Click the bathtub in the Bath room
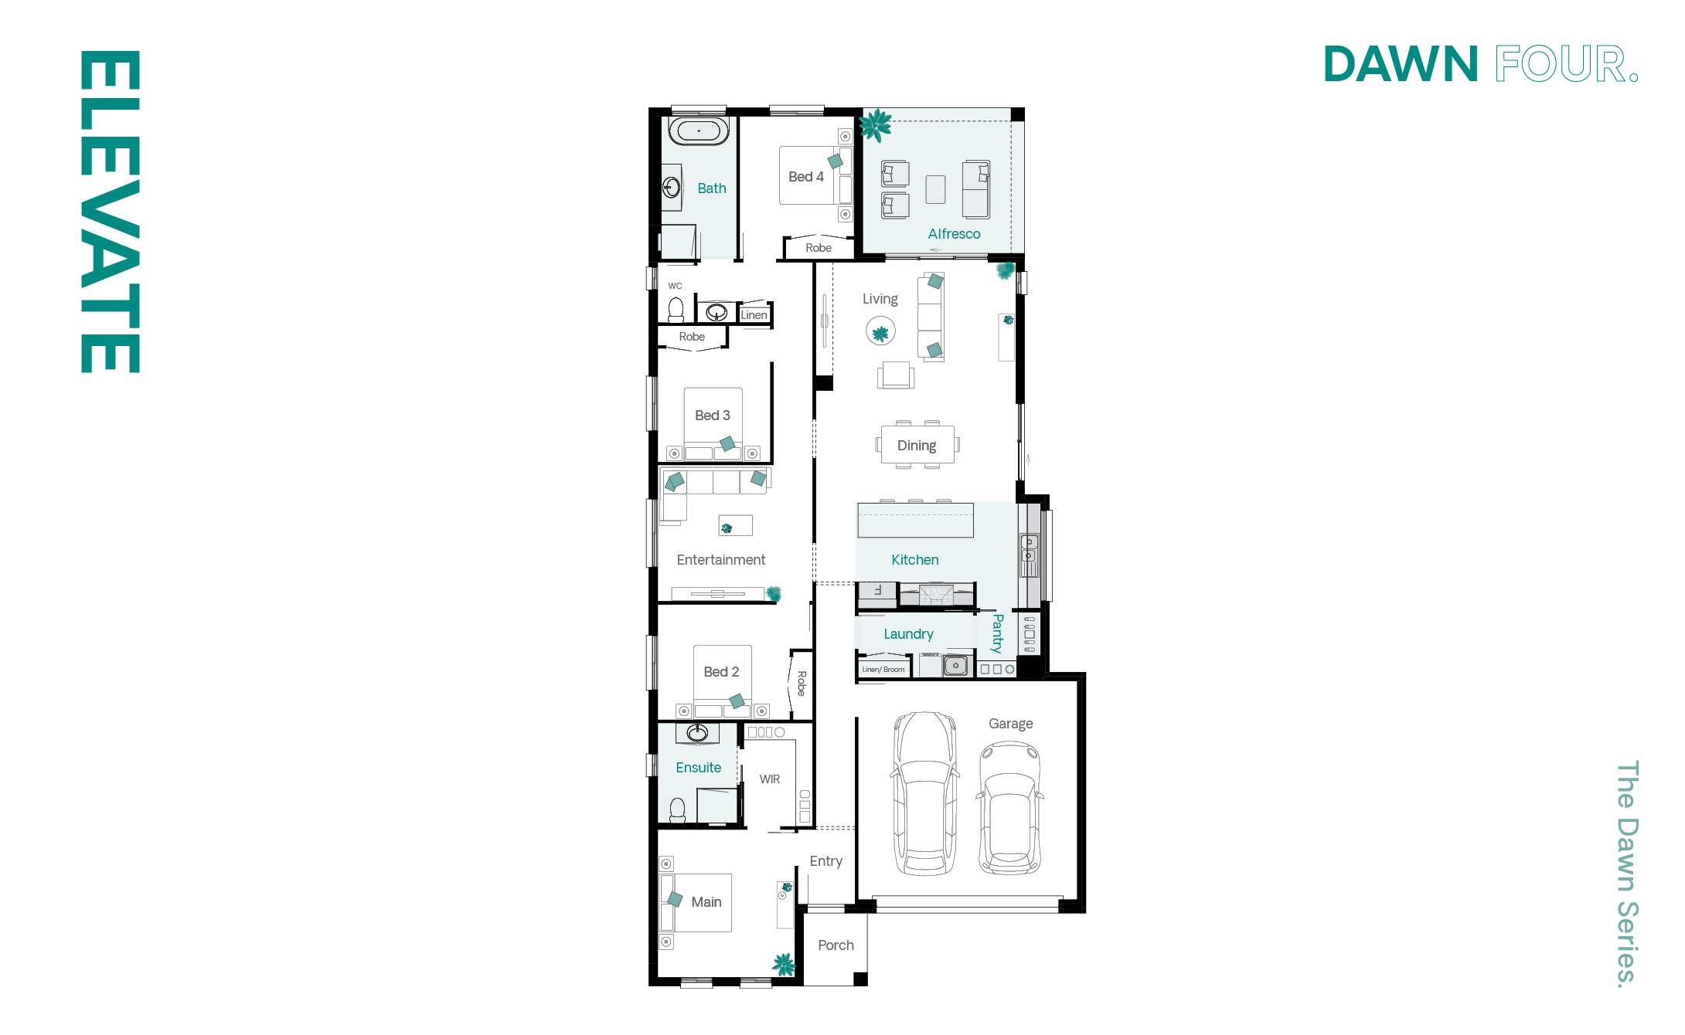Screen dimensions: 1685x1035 point(698,131)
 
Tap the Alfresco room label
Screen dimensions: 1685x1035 point(954,234)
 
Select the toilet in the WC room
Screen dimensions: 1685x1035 point(676,310)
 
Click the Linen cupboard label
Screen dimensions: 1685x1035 point(754,315)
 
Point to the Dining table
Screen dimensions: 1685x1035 point(917,445)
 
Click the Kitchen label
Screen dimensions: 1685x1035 point(915,560)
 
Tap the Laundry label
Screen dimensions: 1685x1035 point(908,634)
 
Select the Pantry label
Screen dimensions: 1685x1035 point(998,633)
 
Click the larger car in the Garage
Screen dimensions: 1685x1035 point(924,793)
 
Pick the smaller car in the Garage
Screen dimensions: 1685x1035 point(1009,808)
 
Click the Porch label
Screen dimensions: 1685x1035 point(836,945)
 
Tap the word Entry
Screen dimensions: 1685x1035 point(825,861)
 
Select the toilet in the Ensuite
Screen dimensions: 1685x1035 point(677,810)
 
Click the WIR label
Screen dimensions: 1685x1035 point(769,779)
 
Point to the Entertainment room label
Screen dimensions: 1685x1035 point(720,560)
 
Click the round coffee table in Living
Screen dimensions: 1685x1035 point(880,333)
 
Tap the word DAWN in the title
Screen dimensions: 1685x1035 point(1401,64)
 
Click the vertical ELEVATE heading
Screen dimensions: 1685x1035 point(110,212)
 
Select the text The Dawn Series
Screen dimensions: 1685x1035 point(1626,874)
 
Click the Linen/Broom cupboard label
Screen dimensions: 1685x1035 point(883,670)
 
